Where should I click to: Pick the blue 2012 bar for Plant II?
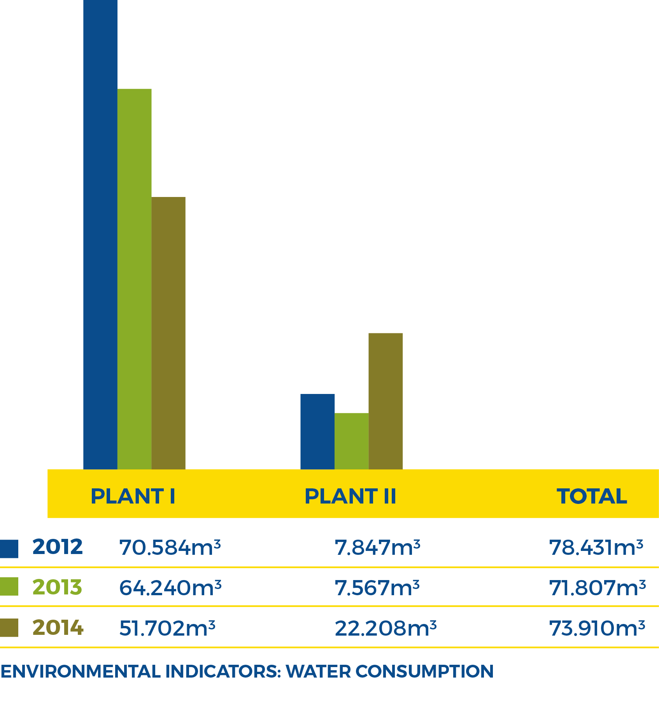pyautogui.click(x=317, y=431)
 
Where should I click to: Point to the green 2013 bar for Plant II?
pyautogui.click(x=351, y=441)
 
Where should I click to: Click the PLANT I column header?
pyautogui.click(x=133, y=496)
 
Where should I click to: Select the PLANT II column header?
pyautogui.click(x=350, y=496)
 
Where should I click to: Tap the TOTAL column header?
pyautogui.click(x=592, y=496)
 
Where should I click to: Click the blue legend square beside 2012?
pyautogui.click(x=9, y=549)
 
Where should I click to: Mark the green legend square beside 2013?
pyautogui.click(x=9, y=586)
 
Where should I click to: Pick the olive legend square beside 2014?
pyautogui.click(x=9, y=628)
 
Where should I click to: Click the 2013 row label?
pyautogui.click(x=57, y=587)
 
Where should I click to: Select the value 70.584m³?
pyautogui.click(x=170, y=547)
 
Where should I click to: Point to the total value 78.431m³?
pyautogui.click(x=596, y=547)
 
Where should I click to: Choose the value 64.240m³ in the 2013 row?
pyautogui.click(x=170, y=587)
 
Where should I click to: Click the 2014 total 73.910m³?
pyautogui.click(x=597, y=628)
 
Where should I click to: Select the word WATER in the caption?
pyautogui.click(x=318, y=671)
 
